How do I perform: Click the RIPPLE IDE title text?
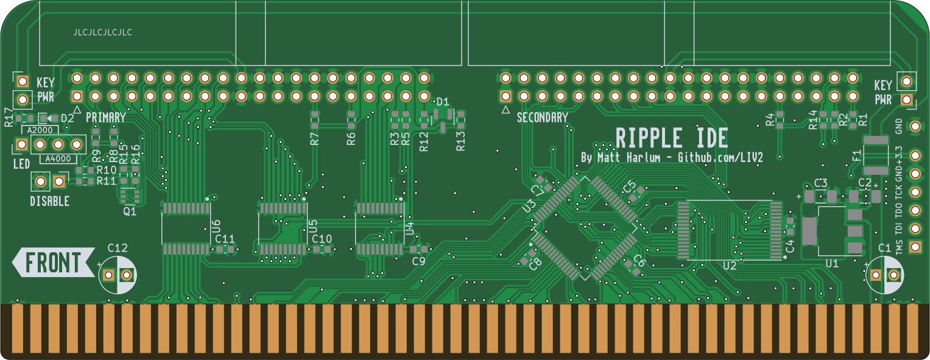point(672,139)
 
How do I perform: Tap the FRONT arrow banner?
point(53,263)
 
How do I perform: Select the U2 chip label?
point(730,266)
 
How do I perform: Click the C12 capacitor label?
point(118,247)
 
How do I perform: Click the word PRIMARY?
point(106,117)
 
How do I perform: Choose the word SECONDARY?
point(542,118)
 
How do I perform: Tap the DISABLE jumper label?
point(49,201)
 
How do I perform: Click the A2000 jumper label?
point(40,130)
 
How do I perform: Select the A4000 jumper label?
point(58,159)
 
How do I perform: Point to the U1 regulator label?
point(832,263)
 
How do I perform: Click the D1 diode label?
point(443,102)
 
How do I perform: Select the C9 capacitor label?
point(418,261)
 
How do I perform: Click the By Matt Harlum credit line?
point(672,158)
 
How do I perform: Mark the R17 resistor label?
point(9,117)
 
